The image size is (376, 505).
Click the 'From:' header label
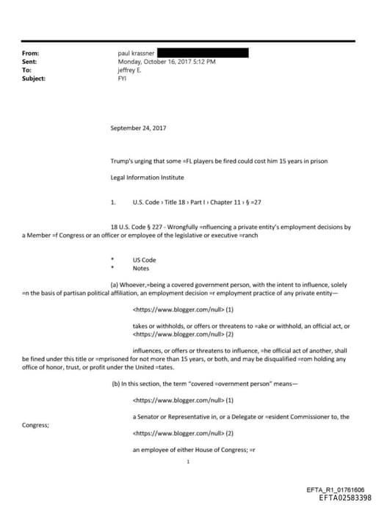[30, 54]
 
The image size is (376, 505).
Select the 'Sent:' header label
[29, 62]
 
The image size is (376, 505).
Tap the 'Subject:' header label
[34, 78]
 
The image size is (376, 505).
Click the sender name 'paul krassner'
[136, 54]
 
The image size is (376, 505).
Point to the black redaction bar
[203, 53]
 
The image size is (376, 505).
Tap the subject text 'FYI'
[122, 78]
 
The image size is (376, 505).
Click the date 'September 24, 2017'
[138, 128]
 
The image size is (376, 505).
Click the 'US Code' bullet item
[144, 260]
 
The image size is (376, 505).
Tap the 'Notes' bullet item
[141, 269]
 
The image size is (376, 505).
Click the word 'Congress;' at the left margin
[35, 425]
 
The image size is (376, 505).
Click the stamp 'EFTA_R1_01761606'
[335, 490]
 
